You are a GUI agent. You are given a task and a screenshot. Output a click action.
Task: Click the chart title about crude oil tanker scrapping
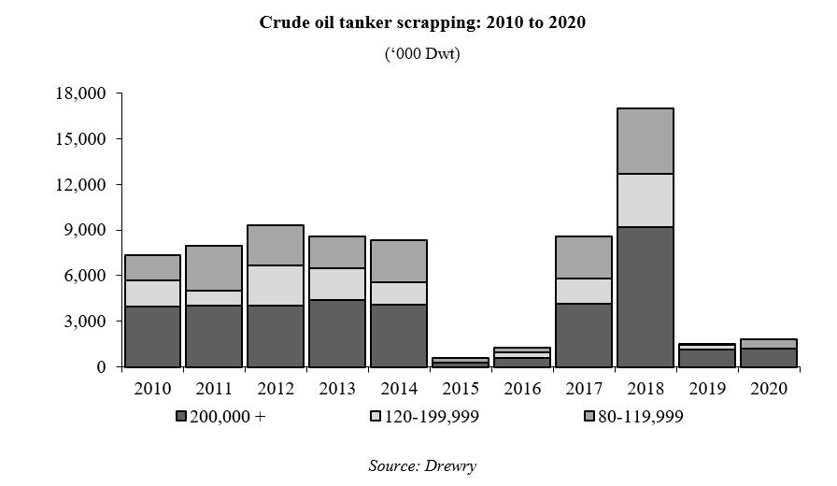point(422,23)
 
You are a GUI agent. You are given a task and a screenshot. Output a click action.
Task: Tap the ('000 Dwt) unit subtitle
point(422,54)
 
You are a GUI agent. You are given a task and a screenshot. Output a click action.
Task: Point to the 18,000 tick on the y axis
point(82,94)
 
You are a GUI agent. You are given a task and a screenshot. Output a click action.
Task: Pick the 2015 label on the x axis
point(460,388)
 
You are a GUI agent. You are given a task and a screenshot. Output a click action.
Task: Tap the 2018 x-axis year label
point(645,388)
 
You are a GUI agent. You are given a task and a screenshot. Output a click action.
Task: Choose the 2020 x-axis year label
point(768,388)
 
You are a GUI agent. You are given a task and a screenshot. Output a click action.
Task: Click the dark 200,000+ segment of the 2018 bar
point(645,296)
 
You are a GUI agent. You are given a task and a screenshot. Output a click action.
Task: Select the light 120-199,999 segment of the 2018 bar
point(645,200)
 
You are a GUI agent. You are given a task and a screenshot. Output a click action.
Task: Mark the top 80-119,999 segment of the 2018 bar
point(645,141)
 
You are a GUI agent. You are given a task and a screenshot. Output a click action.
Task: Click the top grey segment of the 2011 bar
point(214,268)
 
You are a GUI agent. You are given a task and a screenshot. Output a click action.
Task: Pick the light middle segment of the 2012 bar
point(276,285)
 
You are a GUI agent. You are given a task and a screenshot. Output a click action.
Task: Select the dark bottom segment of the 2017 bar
point(584,335)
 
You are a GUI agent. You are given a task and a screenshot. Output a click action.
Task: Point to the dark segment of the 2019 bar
point(707,357)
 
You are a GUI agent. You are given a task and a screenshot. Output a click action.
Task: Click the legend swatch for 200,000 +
point(180,418)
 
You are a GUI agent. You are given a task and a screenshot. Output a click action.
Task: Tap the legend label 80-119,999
point(642,418)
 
